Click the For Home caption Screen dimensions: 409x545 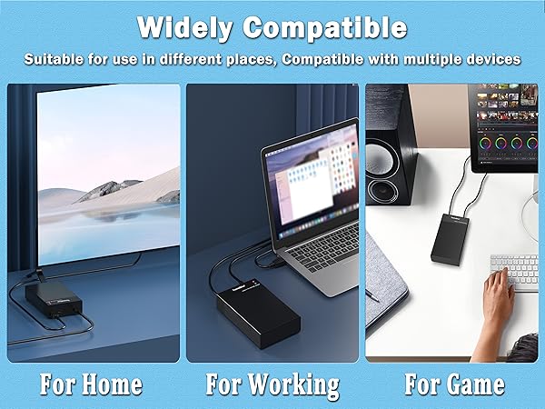[91, 384]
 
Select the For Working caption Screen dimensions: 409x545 [272, 384]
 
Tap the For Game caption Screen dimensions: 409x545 [453, 384]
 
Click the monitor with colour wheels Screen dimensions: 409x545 [504, 131]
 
